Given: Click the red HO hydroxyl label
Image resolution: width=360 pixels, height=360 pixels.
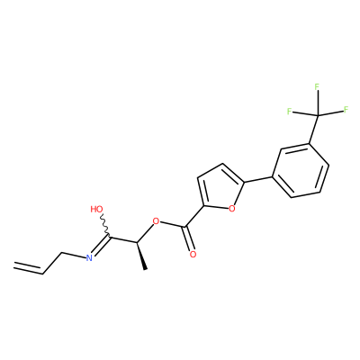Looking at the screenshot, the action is [96, 209].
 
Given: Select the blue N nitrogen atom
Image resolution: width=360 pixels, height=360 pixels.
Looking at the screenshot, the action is [89, 257].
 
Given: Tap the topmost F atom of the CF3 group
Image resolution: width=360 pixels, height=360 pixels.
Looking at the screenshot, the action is [317, 87].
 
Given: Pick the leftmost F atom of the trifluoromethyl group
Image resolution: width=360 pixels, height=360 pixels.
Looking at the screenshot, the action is [289, 112].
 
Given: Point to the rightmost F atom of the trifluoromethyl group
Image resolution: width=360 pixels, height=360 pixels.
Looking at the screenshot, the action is [346, 109].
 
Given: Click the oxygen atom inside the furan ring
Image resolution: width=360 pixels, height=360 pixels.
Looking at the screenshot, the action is [231, 208].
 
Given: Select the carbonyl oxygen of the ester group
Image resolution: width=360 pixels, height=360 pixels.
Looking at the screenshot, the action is [193, 255].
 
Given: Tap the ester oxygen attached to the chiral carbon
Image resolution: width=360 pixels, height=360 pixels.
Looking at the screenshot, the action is [156, 222].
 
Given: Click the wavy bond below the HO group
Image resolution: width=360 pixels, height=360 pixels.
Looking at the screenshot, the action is [105, 226].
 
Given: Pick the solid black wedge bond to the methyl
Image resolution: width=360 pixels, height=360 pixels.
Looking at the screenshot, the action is [141, 256].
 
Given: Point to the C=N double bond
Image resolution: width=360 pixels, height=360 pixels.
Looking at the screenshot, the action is [101, 246].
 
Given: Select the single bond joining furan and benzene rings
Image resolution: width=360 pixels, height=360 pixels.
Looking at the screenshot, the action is [258, 179].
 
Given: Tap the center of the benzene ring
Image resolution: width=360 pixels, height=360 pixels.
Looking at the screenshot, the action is [301, 171].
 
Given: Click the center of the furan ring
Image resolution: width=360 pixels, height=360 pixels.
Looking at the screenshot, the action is [222, 188].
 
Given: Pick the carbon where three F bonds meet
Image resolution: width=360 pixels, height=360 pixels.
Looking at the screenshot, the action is [318, 115].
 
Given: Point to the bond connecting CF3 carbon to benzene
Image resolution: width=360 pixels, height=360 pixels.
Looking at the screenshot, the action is [314, 130].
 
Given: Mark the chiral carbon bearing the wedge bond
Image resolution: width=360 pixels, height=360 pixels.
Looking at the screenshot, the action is [137, 242].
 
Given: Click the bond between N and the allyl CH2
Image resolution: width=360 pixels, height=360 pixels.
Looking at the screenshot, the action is [74, 255].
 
